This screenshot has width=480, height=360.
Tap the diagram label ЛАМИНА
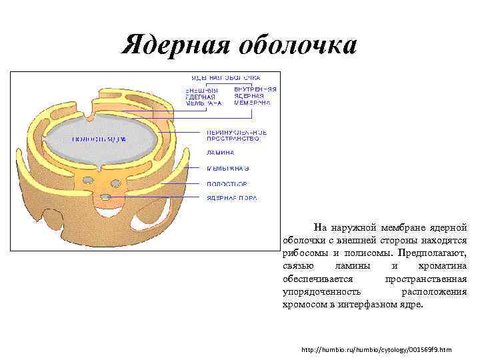click(x=220, y=152)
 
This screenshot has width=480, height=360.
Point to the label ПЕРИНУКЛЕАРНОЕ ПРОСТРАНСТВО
click(x=236, y=135)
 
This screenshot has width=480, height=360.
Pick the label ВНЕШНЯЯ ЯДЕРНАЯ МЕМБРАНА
click(x=203, y=96)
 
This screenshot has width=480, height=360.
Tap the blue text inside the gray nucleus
click(x=99, y=139)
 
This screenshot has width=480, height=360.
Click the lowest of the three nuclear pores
click(x=105, y=197)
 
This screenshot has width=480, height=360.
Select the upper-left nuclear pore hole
click(x=87, y=180)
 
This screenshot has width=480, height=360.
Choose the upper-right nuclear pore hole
click(x=123, y=181)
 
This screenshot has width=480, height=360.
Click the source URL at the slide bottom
click(x=376, y=349)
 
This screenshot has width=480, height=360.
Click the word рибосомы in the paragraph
click(x=304, y=253)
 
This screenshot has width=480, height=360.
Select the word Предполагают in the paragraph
click(x=431, y=253)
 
